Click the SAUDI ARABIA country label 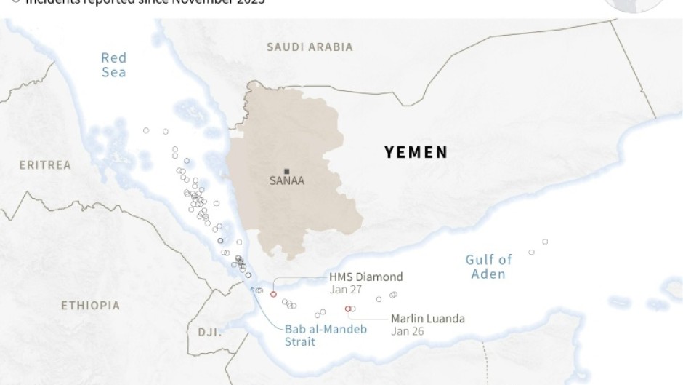[x=310, y=47]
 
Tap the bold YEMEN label [x=416, y=152]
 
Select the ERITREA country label [x=45, y=165]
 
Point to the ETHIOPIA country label [x=90, y=306]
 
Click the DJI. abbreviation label [x=210, y=332]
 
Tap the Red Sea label [x=113, y=65]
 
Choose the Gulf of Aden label [x=488, y=266]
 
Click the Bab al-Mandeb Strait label [x=326, y=335]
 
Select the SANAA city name [x=286, y=181]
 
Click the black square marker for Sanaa [x=286, y=170]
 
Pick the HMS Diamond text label [x=365, y=277]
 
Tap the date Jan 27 [x=345, y=290]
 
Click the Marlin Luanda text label [x=427, y=319]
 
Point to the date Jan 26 [x=407, y=331]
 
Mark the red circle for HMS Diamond [x=273, y=294]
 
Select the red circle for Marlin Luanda [x=348, y=309]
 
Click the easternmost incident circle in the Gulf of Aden [x=545, y=242]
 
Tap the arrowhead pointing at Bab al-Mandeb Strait [x=253, y=287]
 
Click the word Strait [x=300, y=341]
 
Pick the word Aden [x=488, y=274]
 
